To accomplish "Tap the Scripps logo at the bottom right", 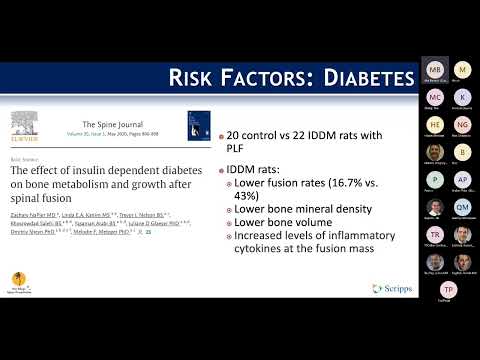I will pyautogui.click(x=391, y=289).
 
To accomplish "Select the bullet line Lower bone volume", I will pyautogui.click(x=282, y=239).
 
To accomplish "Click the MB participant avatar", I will pyautogui.click(x=435, y=70).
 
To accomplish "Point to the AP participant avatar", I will pyautogui.click(x=462, y=180).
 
